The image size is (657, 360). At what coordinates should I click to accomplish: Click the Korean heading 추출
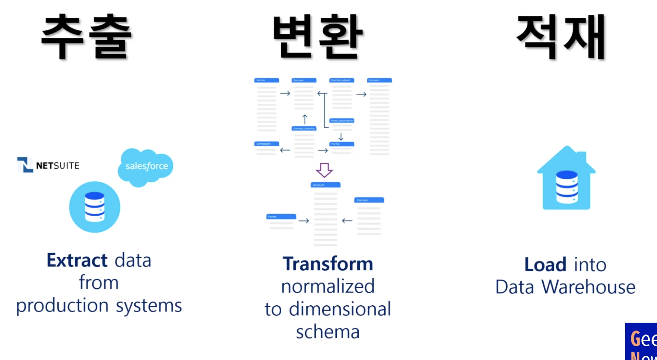pyautogui.click(x=86, y=37)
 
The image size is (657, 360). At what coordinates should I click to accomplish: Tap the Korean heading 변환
pyautogui.click(x=318, y=37)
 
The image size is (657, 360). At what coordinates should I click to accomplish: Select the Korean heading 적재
pyautogui.click(x=561, y=37)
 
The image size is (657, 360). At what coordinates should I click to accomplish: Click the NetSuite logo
pyautogui.click(x=48, y=165)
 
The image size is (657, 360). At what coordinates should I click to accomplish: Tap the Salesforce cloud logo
pyautogui.click(x=146, y=166)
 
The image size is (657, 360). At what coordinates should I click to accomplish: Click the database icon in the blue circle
pyautogui.click(x=95, y=207)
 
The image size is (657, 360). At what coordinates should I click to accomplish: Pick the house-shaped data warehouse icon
pyautogui.click(x=567, y=179)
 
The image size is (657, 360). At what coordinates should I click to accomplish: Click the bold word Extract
pyautogui.click(x=77, y=261)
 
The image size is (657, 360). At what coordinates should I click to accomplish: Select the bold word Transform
pyautogui.click(x=328, y=264)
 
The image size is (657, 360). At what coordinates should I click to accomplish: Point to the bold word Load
pyautogui.click(x=545, y=264)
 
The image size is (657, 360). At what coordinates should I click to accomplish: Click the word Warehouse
pyautogui.click(x=588, y=287)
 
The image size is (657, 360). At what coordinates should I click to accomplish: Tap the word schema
pyautogui.click(x=328, y=332)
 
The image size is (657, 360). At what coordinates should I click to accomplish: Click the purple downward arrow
pyautogui.click(x=324, y=170)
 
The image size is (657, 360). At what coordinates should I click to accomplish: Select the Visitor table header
pyautogui.click(x=267, y=80)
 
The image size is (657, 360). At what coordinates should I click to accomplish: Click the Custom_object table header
pyautogui.click(x=342, y=80)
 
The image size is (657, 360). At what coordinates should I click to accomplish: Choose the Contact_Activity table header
pyautogui.click(x=304, y=128)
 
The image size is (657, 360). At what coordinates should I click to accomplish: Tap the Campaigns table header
pyautogui.click(x=267, y=144)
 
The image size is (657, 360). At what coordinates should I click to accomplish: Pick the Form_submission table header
pyautogui.click(x=342, y=120)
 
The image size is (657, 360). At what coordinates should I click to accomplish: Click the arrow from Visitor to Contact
pyautogui.click(x=285, y=93)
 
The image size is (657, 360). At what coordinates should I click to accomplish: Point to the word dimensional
pyautogui.click(x=340, y=309)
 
